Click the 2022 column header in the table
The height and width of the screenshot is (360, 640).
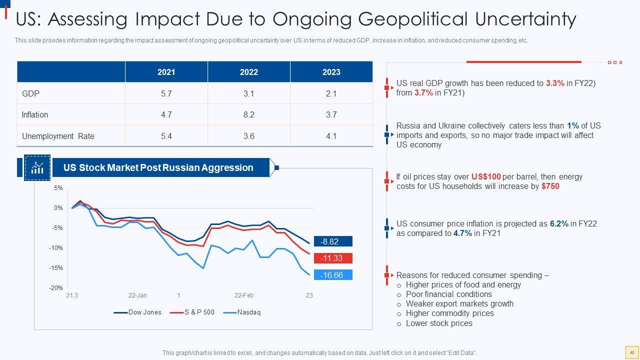pos(248,72)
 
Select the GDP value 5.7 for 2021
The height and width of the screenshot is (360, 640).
pos(166,93)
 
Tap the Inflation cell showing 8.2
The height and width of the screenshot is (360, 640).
pos(248,114)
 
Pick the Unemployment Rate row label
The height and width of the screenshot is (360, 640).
pos(58,136)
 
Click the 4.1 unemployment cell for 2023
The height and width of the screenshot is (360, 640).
pos(331,136)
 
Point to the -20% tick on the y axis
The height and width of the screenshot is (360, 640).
pos(55,288)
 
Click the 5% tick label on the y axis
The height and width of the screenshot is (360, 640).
pos(58,188)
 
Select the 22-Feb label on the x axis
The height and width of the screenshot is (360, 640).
pos(244,295)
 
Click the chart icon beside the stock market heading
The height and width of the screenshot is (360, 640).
pos(37,167)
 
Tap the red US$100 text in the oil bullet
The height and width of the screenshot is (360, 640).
pos(485,176)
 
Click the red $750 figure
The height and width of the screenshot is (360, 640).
pos(550,186)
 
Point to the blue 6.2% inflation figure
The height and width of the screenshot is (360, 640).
pos(559,223)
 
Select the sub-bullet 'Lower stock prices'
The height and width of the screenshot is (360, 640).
pos(439,323)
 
